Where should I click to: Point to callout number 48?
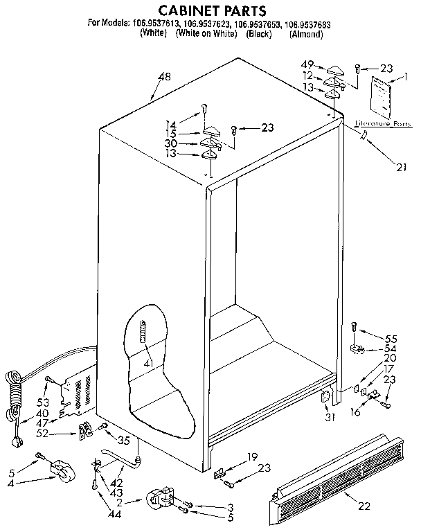click(x=163, y=77)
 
